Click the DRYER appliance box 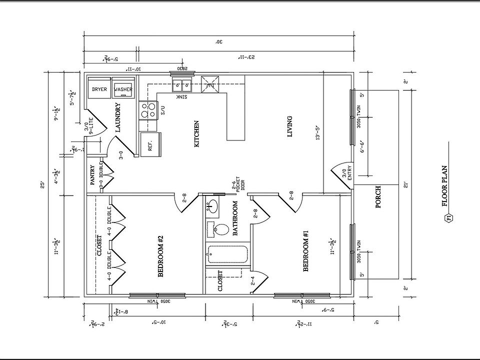[99, 89]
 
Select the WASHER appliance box [123, 89]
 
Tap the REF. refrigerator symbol [150, 145]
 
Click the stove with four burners [148, 109]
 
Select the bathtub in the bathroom [227, 254]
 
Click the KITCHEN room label [196, 133]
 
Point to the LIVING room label [289, 126]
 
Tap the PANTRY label [92, 175]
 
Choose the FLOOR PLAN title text [444, 186]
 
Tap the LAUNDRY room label [118, 117]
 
